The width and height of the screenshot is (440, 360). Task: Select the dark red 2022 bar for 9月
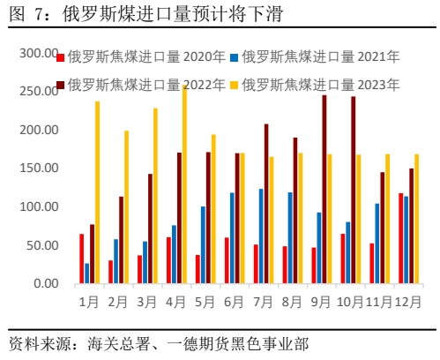click(324, 189)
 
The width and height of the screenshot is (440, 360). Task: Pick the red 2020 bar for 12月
click(400, 238)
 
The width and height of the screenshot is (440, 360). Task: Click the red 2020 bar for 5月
click(198, 269)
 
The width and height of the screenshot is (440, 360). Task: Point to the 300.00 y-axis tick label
click(39, 54)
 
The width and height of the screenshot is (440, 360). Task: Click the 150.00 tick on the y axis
click(39, 169)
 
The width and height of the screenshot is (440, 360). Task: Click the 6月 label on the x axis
click(233, 301)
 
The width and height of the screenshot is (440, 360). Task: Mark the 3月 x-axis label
click(146, 301)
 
